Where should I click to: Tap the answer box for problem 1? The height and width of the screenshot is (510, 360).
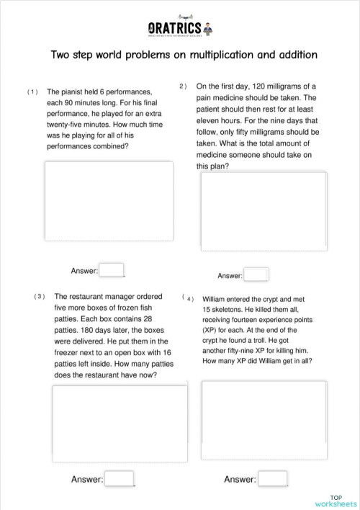click(x=111, y=270)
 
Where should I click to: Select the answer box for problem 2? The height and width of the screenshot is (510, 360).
click(x=256, y=274)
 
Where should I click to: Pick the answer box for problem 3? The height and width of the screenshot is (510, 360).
click(x=120, y=478)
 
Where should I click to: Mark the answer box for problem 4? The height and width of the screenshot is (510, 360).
click(x=273, y=478)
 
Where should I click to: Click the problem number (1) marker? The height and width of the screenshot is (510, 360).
click(x=32, y=92)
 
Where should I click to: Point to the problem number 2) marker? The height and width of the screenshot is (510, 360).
click(x=183, y=86)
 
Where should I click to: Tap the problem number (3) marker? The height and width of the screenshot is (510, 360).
click(x=40, y=296)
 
